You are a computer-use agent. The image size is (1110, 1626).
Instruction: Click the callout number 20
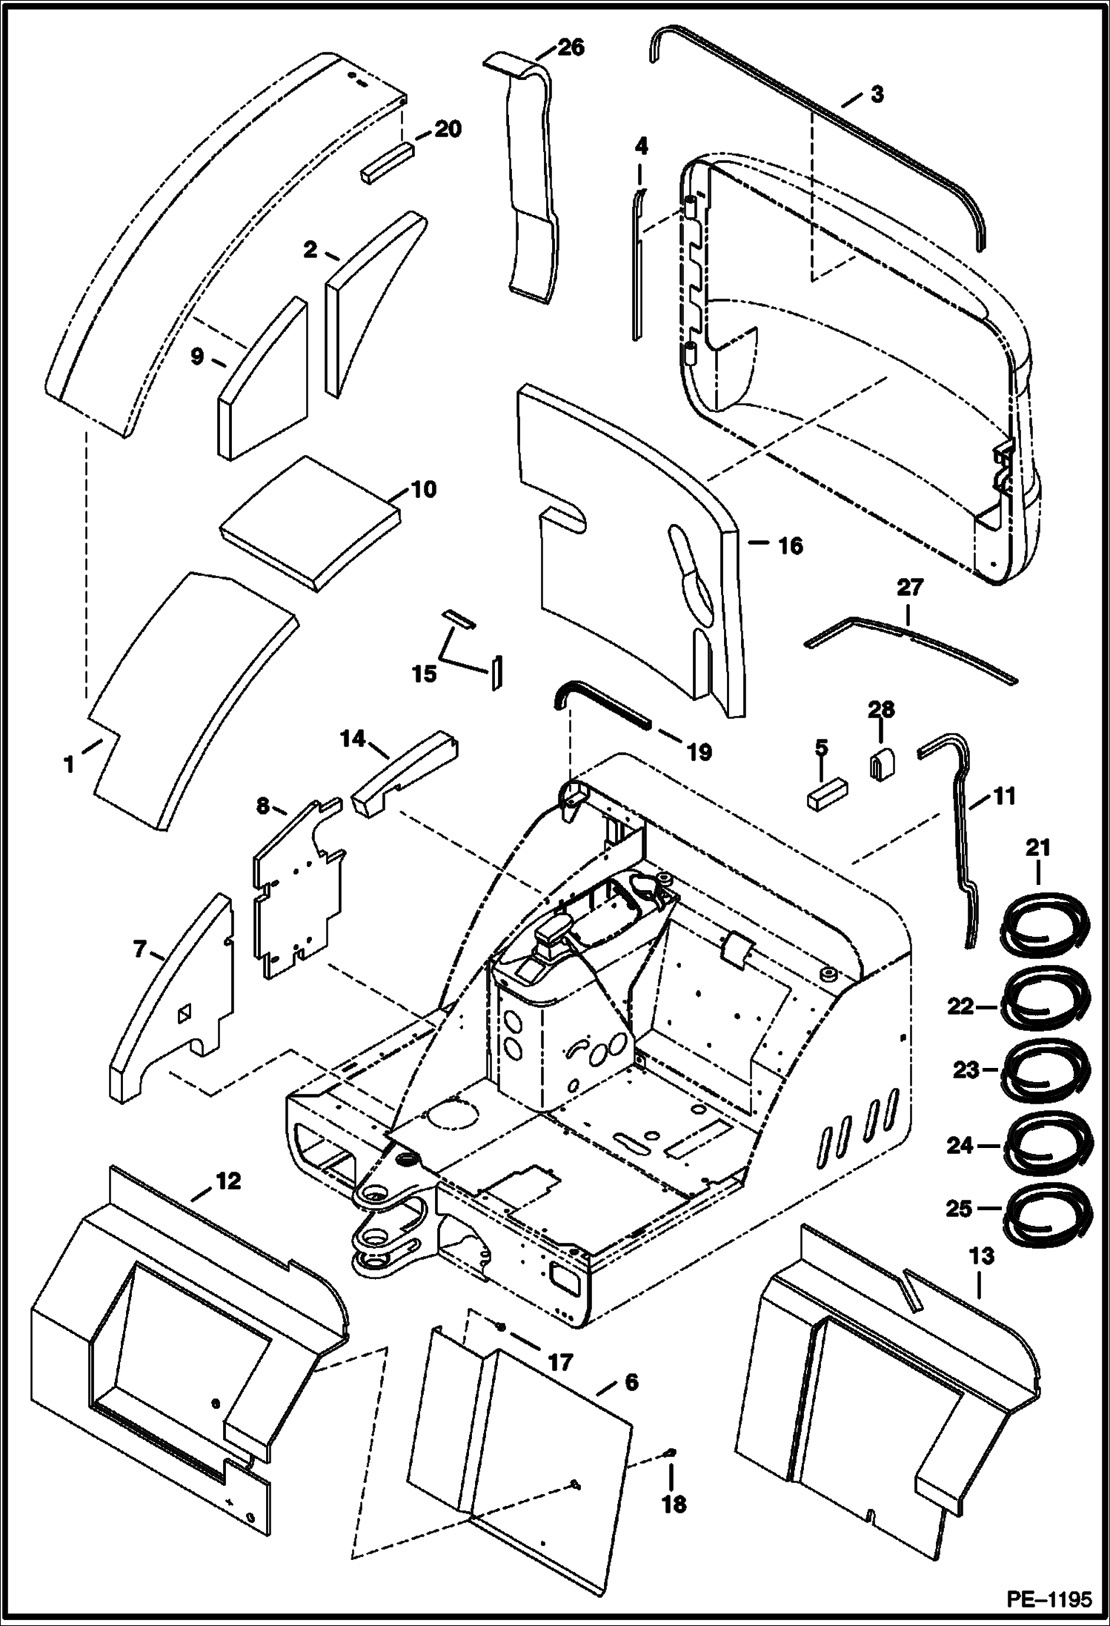448,129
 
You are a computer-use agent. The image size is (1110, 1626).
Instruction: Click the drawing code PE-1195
1048,1599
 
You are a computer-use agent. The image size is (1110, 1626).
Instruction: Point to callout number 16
790,546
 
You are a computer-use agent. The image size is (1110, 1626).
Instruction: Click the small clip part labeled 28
880,762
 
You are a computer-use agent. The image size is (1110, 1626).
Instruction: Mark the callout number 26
571,47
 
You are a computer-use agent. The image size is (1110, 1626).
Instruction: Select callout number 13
980,1258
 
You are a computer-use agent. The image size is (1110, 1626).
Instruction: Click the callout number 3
876,95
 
